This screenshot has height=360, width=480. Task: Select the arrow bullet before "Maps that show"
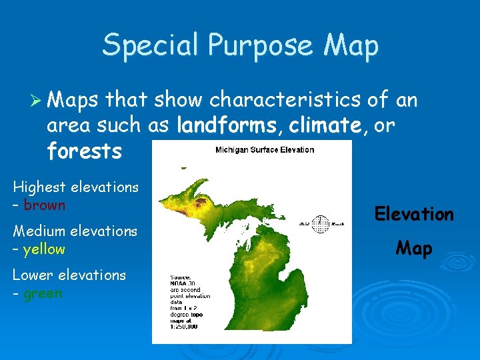(x=38, y=101)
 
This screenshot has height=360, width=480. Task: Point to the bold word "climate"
(x=327, y=125)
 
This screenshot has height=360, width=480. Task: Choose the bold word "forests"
(x=84, y=151)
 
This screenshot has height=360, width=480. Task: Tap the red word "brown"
(x=45, y=205)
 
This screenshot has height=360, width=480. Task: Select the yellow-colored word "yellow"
(x=44, y=249)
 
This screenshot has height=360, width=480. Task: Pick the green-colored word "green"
(x=43, y=293)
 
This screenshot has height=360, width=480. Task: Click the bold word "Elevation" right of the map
(x=413, y=214)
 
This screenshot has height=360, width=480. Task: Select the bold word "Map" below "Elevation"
(x=413, y=249)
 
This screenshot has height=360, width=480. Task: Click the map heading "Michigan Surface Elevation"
(x=264, y=150)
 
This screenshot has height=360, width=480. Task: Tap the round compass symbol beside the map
(x=321, y=224)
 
